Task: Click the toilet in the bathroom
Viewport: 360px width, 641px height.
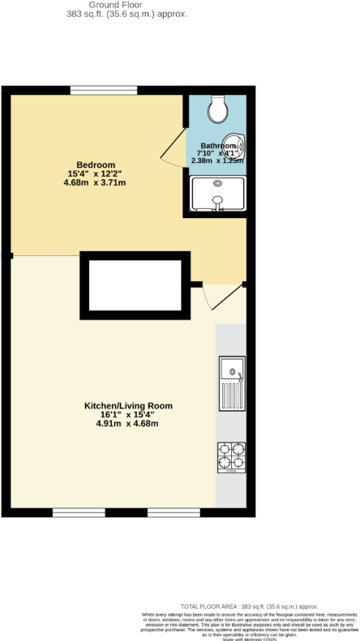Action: tap(217, 106)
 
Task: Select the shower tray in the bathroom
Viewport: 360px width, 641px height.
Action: tap(217, 194)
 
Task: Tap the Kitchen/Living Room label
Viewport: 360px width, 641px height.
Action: tap(129, 406)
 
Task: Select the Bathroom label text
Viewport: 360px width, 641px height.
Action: tap(218, 147)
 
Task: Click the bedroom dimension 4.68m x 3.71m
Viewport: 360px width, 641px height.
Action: tap(94, 182)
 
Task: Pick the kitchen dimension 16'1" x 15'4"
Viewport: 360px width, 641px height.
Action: tap(129, 415)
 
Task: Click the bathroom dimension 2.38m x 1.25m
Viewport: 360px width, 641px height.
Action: tap(218, 160)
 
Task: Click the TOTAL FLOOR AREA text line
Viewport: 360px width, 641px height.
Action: tap(249, 606)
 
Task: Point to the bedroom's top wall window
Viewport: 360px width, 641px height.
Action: tap(97, 90)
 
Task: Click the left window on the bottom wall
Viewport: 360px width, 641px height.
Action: tap(79, 512)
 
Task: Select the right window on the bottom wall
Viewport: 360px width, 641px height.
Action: tap(174, 512)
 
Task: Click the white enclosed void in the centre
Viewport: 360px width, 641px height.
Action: tap(135, 285)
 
